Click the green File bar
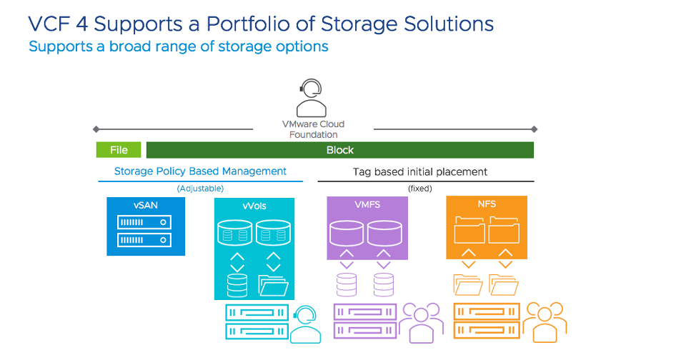coord(119,150)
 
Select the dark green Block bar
coord(340,150)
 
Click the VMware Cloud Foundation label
coord(313,129)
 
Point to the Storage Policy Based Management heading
coord(200,171)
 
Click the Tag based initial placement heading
coord(420,172)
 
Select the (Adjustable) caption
coord(200,189)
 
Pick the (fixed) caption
coord(420,189)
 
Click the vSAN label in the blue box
coord(145,204)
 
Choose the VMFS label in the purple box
coord(367,204)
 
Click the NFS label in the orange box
coord(487,204)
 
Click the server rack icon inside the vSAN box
coord(145,230)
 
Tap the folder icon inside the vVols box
coord(273,285)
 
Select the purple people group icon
coord(420,322)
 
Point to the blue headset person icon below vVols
coord(306,324)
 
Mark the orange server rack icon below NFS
coord(485,321)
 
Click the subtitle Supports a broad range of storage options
coord(179,46)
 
